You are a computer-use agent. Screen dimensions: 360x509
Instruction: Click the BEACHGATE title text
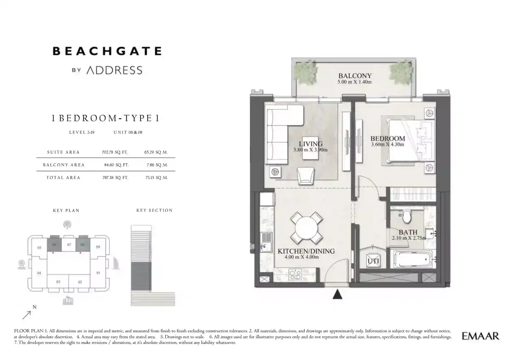(106, 51)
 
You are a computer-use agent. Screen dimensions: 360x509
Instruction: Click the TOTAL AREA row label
(63, 178)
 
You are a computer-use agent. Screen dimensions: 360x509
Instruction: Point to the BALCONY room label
(355, 76)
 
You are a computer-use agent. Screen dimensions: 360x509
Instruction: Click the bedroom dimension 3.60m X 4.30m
(387, 145)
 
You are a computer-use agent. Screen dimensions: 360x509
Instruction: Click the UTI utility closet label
(373, 261)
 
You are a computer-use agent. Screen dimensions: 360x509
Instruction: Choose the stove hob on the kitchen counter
(295, 276)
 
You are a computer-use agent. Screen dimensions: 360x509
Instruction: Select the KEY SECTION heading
(154, 210)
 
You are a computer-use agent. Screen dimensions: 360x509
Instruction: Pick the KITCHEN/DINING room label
(306, 251)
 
